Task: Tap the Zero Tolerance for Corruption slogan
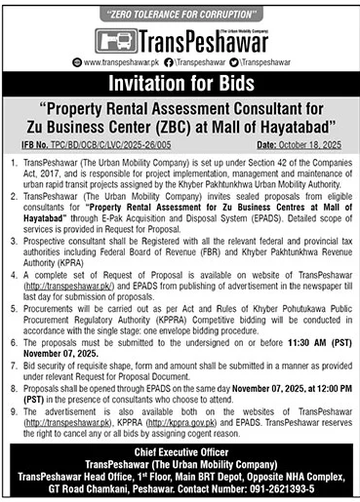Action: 180,14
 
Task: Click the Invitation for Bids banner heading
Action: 180,82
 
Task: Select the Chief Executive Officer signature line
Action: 180,452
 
